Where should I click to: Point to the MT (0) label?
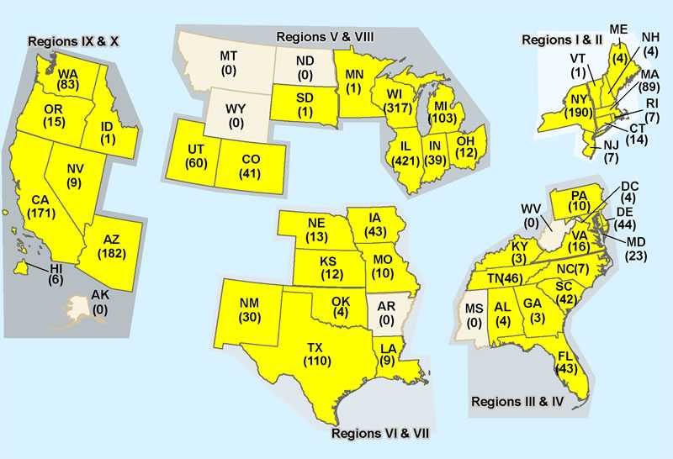[227, 63]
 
